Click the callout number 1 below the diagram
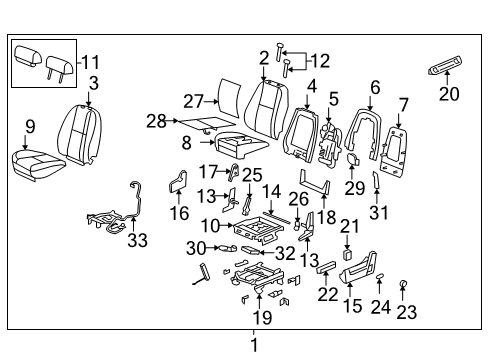pos(252,345)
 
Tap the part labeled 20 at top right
pos(449,68)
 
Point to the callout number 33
pos(136,240)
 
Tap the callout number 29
pos(355,187)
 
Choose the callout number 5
pos(334,99)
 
